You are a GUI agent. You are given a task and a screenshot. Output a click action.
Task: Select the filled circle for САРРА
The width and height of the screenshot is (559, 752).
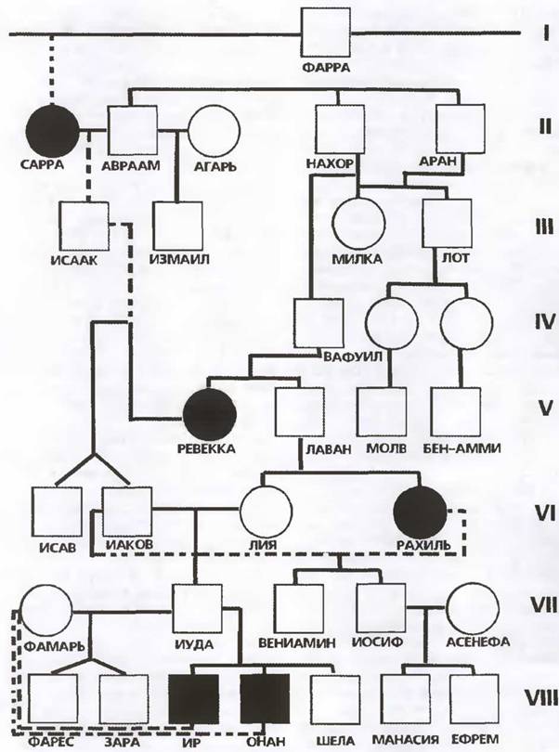[x=54, y=129]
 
